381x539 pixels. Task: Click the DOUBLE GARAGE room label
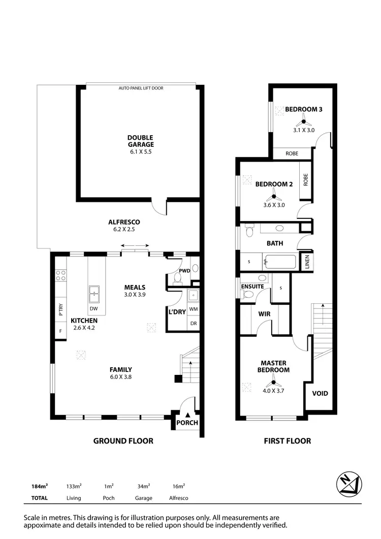(x=140, y=141)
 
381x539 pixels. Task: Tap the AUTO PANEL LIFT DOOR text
(x=141, y=88)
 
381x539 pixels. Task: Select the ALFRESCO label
(x=124, y=222)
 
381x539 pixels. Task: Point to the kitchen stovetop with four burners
(x=61, y=275)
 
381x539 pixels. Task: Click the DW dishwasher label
(x=93, y=308)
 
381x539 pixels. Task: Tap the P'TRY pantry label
(x=60, y=309)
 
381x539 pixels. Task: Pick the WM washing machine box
(x=193, y=308)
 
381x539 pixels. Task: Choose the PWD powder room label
(x=183, y=271)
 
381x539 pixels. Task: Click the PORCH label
(x=187, y=423)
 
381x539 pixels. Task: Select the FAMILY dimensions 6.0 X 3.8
(x=121, y=377)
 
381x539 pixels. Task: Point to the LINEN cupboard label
(x=307, y=262)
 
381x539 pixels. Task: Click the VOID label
(x=320, y=393)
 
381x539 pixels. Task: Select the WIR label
(x=264, y=314)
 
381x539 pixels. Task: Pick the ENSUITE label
(x=252, y=287)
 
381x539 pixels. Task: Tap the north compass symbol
(x=349, y=484)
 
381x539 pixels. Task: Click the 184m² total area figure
(x=39, y=486)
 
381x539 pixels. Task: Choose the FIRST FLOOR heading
(x=287, y=441)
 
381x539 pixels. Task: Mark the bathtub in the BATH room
(x=279, y=262)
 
